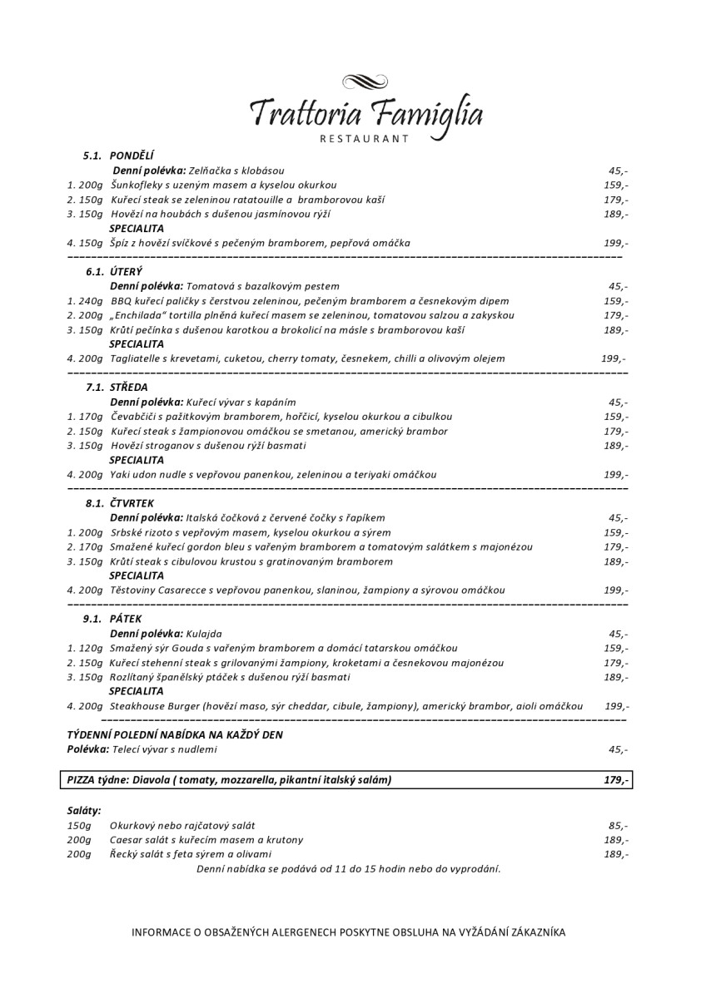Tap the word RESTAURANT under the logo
365,139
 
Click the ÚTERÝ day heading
126,271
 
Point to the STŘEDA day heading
127,388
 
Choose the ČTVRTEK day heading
132,504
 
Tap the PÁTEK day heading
125,619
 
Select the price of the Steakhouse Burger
616,706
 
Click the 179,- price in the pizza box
616,780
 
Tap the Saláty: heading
84,810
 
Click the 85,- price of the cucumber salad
618,826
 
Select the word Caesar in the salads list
127,840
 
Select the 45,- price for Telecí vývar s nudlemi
618,749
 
